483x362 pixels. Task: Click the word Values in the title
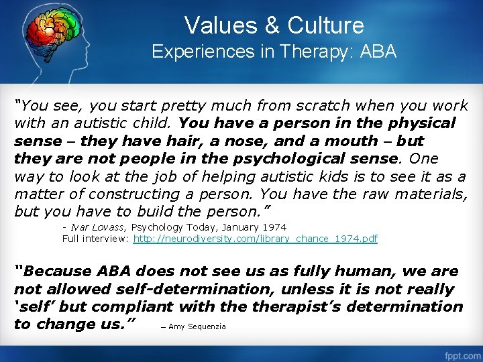pos(217,25)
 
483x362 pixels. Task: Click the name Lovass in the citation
pos(101,228)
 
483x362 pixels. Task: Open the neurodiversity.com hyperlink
pos(256,239)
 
